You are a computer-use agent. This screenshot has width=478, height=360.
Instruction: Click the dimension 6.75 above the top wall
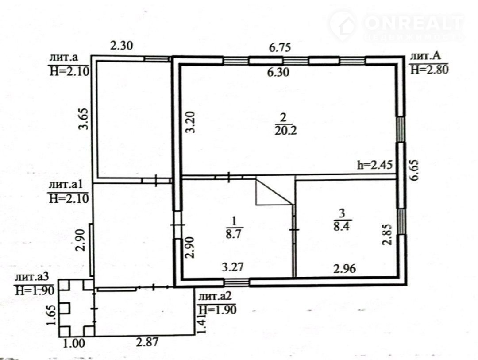pos(280,47)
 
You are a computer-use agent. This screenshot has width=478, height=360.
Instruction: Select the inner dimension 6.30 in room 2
pos(278,72)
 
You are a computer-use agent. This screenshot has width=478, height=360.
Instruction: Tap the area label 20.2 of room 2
pos(285,131)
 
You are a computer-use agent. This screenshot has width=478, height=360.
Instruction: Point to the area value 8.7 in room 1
pos(234,234)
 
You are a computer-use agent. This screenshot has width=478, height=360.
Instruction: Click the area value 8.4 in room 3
pos(342,226)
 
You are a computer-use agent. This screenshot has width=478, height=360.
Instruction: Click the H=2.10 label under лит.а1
pos(69,199)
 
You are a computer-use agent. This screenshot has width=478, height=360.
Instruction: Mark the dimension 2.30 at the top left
pos(121,46)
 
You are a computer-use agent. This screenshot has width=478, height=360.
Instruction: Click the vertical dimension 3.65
pos(83,119)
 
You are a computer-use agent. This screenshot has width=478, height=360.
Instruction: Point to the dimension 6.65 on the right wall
pos(415,171)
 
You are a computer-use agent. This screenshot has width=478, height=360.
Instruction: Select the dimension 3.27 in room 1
pos(233,267)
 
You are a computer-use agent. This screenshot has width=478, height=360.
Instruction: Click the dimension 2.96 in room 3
pos(344,269)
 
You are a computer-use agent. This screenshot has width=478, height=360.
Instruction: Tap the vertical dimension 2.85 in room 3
pos(387,234)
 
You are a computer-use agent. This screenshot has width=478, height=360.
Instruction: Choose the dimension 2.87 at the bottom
pos(147,342)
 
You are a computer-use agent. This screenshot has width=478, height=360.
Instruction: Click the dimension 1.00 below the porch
pos(73,343)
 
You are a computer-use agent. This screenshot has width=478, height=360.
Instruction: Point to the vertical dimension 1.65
pos(52,315)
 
